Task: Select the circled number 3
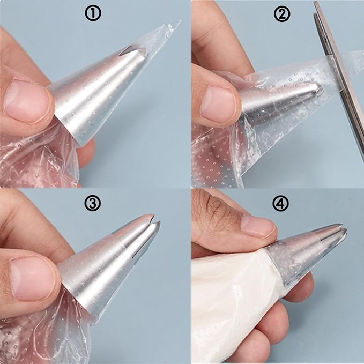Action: [x=93, y=204]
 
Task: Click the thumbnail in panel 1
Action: [x=27, y=100]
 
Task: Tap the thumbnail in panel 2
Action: [x=217, y=102]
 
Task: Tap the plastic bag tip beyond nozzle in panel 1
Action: [x=158, y=38]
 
